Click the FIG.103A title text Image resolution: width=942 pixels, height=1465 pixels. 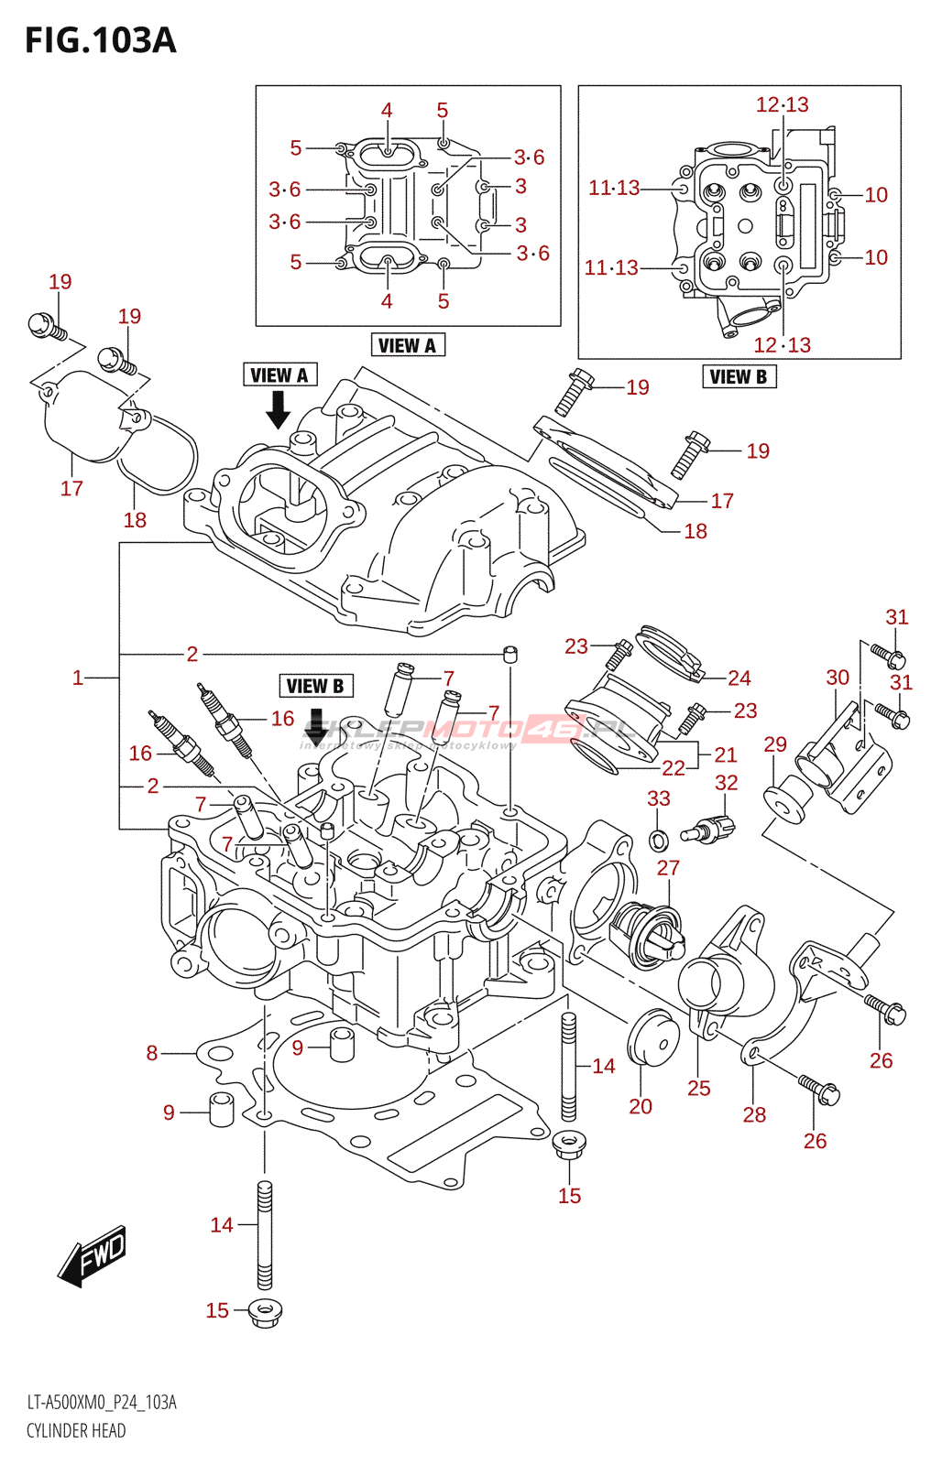coord(100,41)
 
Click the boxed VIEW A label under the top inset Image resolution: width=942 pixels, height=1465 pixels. coord(408,345)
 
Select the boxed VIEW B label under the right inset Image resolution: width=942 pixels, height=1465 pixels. coord(739,376)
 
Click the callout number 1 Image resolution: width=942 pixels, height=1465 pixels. coord(78,678)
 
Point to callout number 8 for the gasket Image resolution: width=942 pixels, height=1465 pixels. coord(152,1053)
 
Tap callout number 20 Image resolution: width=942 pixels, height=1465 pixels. coord(641,1106)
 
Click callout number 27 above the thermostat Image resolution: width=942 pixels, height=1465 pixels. coord(668,868)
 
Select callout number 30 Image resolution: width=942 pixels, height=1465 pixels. coord(838,678)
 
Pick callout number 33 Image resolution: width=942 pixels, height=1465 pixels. coord(659,798)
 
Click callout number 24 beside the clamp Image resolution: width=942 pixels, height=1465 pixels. coord(739,678)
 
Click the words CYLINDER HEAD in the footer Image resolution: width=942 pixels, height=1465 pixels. coord(76,1431)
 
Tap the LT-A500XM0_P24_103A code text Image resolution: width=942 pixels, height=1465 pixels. coord(102,1403)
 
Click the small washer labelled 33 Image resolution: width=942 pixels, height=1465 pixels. coord(658,839)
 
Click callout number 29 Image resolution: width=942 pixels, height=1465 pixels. coord(775,744)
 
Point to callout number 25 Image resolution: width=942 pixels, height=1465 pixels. coord(699,1088)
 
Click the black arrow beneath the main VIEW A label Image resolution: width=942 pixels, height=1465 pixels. coord(278,409)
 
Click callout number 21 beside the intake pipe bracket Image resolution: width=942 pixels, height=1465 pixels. coord(726,754)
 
